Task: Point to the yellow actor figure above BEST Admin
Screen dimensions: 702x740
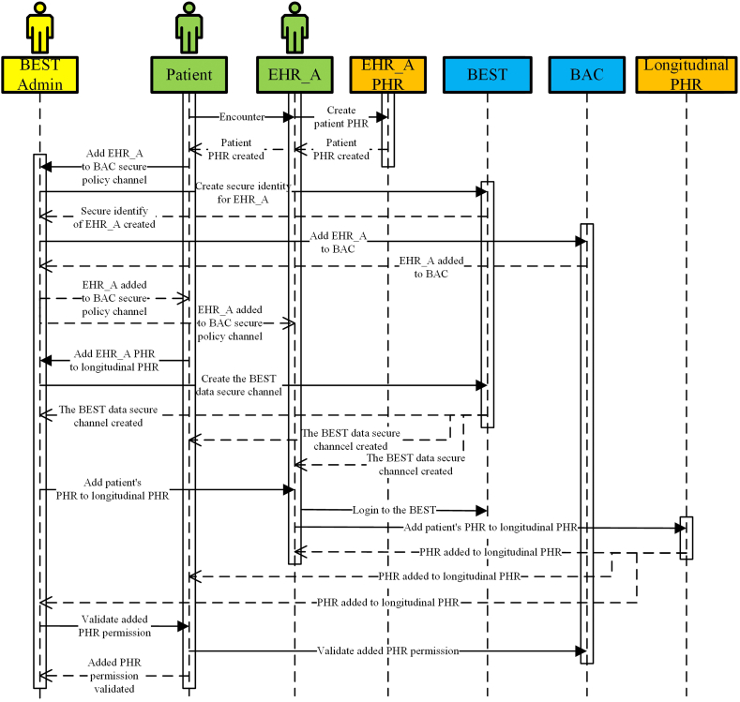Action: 39,27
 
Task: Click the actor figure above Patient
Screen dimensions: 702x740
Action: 189,27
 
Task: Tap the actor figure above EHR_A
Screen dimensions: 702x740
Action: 294,27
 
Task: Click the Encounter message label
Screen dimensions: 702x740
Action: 242,117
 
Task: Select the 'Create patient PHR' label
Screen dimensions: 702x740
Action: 340,117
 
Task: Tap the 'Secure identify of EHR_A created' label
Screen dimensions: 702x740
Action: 118,217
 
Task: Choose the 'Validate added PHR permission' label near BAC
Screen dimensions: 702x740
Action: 387,650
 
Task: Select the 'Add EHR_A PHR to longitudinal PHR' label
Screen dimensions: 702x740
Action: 115,360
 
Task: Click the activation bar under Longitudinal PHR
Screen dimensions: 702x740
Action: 687,538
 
